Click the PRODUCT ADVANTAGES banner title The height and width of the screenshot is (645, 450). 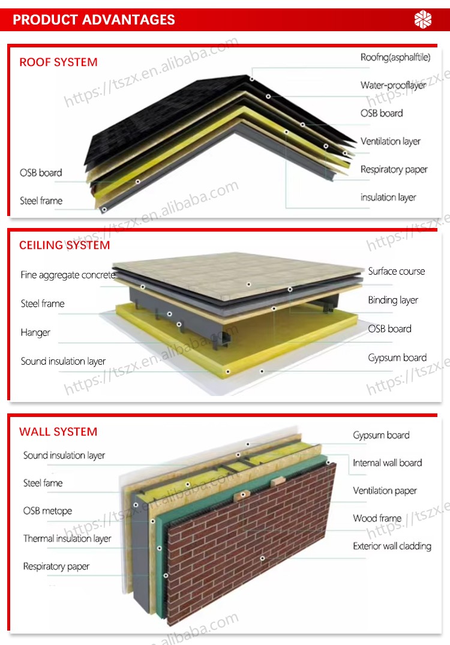94,20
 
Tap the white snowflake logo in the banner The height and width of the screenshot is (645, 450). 423,19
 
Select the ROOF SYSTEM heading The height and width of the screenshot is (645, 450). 58,62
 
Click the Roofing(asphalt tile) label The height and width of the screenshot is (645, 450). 395,57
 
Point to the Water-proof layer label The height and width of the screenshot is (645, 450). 393,85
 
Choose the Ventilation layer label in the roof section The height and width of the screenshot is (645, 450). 391,142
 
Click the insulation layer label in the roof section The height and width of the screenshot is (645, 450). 388,197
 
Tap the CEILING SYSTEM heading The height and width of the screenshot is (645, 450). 65,245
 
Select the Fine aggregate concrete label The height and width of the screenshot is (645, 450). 68,275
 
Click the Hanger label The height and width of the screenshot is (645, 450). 35,332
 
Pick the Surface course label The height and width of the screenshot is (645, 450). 397,271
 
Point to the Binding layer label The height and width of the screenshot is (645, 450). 393,300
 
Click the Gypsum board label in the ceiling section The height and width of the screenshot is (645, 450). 397,358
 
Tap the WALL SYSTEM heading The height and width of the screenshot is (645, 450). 58,431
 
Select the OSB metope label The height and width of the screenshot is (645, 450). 48,511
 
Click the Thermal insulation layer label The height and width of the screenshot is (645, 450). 67,538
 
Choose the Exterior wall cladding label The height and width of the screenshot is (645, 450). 392,546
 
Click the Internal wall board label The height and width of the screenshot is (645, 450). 388,463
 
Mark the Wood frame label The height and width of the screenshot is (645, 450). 377,518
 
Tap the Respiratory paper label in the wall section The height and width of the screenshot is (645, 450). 56,566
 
